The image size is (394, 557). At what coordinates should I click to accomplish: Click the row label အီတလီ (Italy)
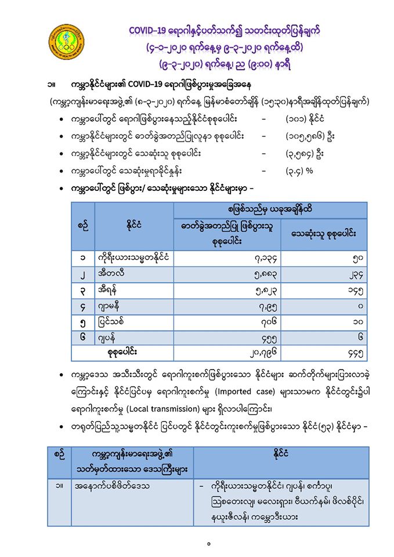(x=110, y=273)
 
